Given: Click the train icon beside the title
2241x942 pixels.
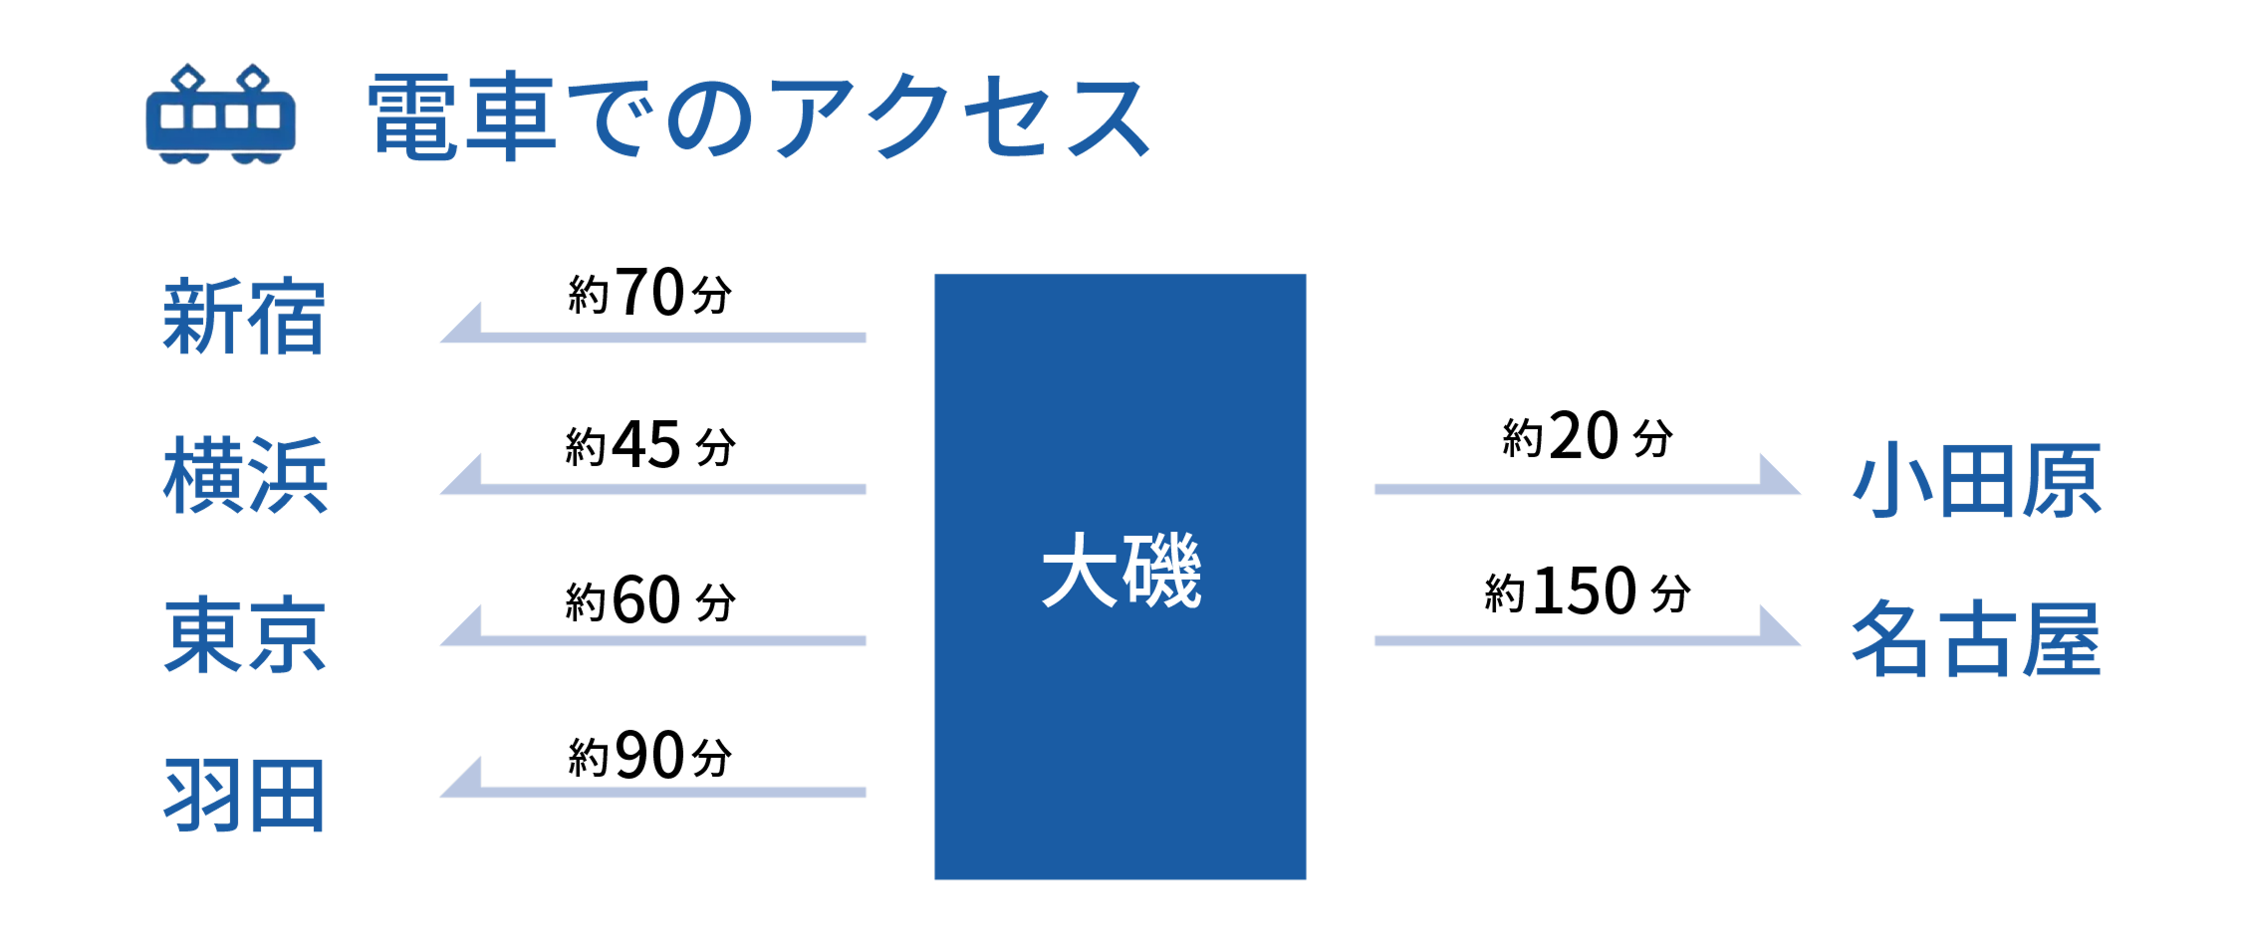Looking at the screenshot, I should click(221, 116).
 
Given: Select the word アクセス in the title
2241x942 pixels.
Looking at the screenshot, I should click(960, 118).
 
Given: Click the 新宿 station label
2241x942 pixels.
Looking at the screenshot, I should click(244, 318).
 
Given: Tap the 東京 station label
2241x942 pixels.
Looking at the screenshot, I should click(245, 636).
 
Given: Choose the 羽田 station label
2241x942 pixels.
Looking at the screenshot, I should click(245, 796).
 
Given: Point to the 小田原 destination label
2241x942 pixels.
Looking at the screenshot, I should click(1976, 481).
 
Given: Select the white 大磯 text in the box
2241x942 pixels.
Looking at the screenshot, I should click(1121, 572).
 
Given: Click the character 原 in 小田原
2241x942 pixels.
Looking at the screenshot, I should click(2062, 481).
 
